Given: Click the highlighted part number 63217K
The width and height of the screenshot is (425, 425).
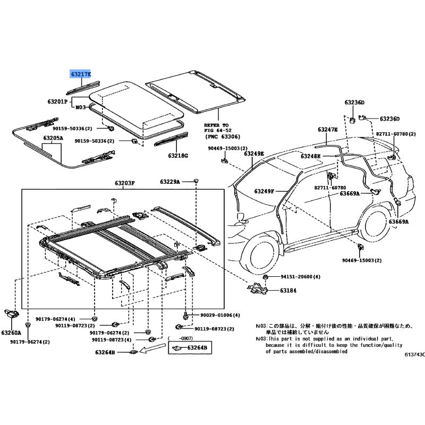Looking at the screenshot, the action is [x=81, y=74].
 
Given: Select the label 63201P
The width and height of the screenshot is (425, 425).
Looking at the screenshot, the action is [x=57, y=101].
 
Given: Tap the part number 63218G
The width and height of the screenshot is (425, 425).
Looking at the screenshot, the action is [x=178, y=156].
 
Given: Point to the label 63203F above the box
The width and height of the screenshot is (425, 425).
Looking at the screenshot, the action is [x=125, y=183].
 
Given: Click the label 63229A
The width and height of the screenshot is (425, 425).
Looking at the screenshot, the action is [x=170, y=182].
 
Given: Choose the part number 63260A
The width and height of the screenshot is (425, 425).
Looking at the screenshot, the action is [x=11, y=333].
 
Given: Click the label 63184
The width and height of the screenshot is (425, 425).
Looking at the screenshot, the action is [x=288, y=291].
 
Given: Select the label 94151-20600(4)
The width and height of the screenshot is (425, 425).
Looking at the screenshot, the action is [x=300, y=277].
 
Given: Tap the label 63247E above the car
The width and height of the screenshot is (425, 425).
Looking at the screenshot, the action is [x=328, y=130].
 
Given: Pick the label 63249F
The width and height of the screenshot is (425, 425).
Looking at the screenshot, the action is [x=264, y=191].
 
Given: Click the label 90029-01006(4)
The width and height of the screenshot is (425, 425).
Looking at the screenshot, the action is [x=220, y=315].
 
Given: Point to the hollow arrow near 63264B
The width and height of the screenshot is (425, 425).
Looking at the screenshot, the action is [x=152, y=348].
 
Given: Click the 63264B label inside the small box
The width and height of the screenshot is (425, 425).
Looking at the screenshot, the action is [x=197, y=347].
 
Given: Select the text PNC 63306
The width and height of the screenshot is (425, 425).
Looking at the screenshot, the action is [x=223, y=137].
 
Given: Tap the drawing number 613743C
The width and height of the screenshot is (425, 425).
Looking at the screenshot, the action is [x=415, y=354].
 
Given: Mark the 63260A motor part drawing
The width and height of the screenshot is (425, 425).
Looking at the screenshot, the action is [x=12, y=314].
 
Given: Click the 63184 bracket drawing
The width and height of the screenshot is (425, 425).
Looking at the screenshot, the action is [x=257, y=288].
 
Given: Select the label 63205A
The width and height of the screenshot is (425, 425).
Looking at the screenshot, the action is [x=53, y=138].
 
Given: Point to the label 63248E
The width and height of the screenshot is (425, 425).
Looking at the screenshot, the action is [x=311, y=156].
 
